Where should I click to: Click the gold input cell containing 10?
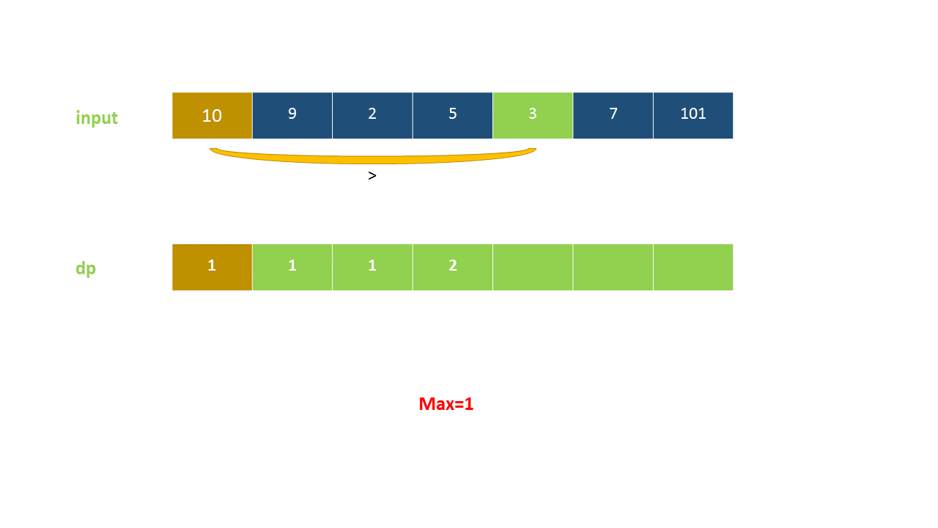click(212, 115)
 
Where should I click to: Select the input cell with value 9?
click(292, 115)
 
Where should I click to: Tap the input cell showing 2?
click(372, 115)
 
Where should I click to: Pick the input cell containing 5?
click(452, 115)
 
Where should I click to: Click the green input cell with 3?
click(533, 115)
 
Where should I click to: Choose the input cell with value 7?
click(613, 115)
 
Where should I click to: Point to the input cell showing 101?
click(693, 115)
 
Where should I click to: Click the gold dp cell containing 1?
click(212, 267)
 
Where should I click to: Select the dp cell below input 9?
click(292, 267)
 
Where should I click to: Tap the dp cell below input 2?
click(372, 267)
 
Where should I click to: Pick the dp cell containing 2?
click(452, 267)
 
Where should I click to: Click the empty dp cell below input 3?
click(533, 267)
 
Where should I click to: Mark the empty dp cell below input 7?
click(613, 267)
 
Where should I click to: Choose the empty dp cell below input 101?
click(693, 267)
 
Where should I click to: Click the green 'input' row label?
click(97, 117)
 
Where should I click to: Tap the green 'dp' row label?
click(86, 268)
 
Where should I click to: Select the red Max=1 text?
click(446, 403)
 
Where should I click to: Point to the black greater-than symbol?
click(372, 176)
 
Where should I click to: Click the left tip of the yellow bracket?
click(212, 150)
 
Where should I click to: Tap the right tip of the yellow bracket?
click(534, 150)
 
